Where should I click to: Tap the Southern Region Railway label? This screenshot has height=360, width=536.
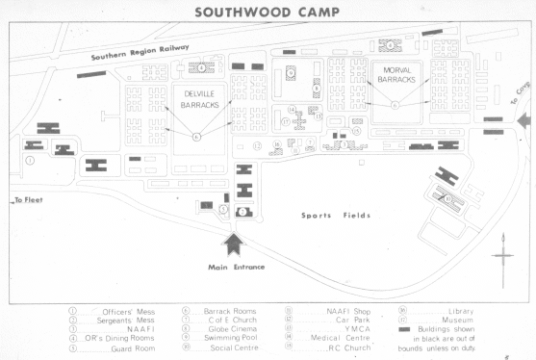click(140, 52)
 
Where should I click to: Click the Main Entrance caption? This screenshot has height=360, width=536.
click(237, 267)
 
